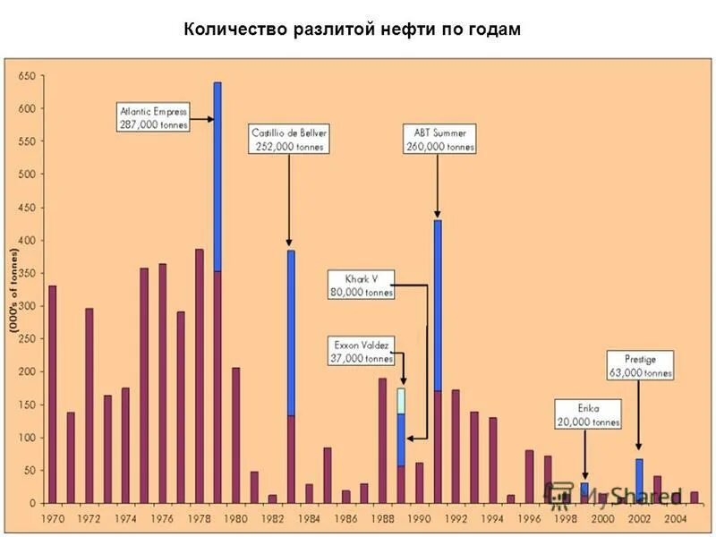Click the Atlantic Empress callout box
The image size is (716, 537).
[154, 118]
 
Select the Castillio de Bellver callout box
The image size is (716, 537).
[289, 139]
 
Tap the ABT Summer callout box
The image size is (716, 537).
[439, 139]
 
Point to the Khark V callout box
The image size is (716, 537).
[361, 284]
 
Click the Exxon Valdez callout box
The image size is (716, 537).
[362, 352]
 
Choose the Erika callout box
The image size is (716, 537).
[587, 414]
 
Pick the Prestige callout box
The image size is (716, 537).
[640, 364]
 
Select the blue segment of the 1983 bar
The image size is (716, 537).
[291, 333]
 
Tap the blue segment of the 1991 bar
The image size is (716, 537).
[438, 304]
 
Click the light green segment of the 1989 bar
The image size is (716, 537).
[401, 400]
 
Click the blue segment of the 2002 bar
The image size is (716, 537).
[639, 478]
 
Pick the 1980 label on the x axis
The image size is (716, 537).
[235, 518]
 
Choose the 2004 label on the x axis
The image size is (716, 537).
[676, 518]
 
